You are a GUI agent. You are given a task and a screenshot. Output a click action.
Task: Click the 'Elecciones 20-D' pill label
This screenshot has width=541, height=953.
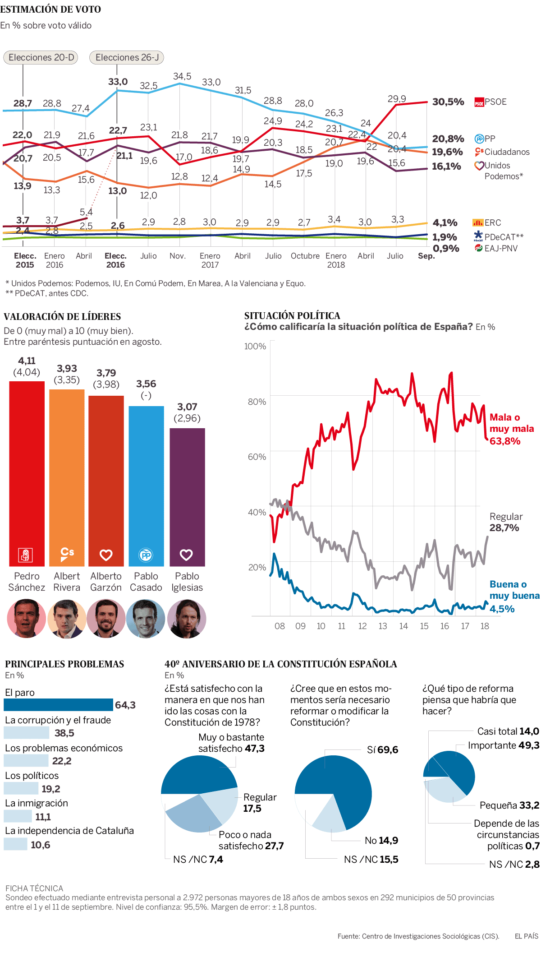[x=41, y=57]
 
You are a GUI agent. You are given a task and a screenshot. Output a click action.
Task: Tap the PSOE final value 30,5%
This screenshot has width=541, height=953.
[x=448, y=102]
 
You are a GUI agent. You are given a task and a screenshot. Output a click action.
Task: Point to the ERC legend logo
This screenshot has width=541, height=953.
[x=478, y=222]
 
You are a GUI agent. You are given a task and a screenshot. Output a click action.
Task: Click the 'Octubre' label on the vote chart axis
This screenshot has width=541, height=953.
[x=305, y=256]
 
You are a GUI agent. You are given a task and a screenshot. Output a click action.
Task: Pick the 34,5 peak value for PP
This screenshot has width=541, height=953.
[x=182, y=76]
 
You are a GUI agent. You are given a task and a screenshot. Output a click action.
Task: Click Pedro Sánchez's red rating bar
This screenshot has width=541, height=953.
[x=27, y=474]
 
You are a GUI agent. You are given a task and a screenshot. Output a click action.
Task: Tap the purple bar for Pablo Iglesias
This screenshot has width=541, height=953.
[x=187, y=497]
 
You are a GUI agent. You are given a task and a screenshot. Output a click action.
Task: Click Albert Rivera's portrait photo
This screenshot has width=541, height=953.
[x=67, y=619]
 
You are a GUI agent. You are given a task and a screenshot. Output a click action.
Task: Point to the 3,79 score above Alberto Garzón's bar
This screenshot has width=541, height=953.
[x=106, y=373]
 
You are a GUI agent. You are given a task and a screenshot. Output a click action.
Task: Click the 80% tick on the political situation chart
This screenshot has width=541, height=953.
[x=257, y=402]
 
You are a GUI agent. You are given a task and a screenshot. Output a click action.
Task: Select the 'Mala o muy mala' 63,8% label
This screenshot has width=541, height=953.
[x=511, y=429]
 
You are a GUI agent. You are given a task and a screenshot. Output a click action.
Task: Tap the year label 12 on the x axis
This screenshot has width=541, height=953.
[x=362, y=626]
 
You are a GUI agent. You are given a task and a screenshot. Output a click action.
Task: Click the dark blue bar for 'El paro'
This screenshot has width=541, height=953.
[x=58, y=705]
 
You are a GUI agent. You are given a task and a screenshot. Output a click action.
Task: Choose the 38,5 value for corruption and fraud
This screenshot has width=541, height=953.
[x=64, y=733]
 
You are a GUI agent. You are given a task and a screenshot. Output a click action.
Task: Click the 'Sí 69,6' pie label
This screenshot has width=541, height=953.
[x=382, y=750]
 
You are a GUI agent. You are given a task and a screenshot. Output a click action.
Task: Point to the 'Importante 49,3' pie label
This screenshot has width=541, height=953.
[x=503, y=745]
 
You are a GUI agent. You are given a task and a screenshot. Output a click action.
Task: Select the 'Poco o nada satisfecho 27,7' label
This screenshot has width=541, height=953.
[x=251, y=840]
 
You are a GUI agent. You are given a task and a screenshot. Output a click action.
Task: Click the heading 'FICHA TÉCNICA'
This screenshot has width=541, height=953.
[x=34, y=888]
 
